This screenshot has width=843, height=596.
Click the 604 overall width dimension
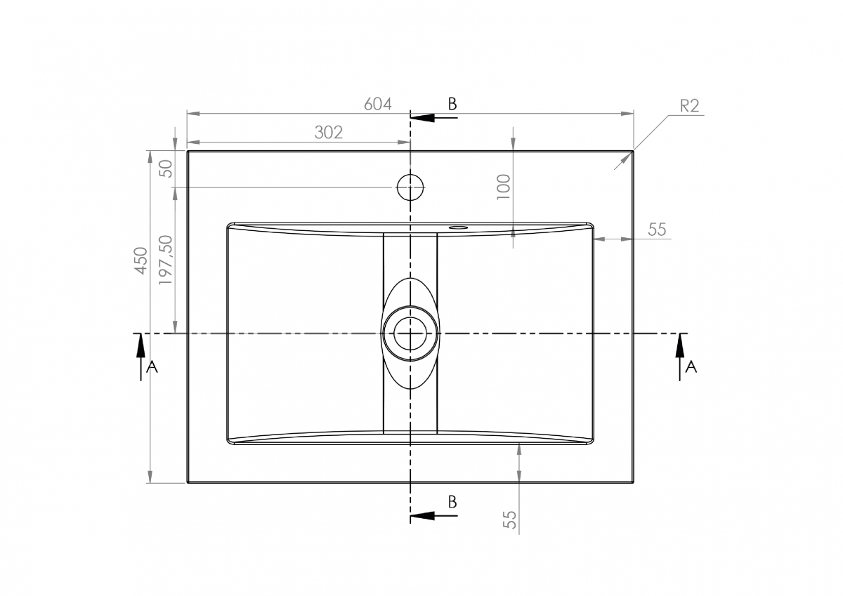click(x=378, y=104)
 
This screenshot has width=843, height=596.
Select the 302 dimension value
click(x=329, y=133)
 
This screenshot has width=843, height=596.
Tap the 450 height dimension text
click(x=140, y=260)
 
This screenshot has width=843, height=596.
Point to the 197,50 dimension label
click(x=166, y=260)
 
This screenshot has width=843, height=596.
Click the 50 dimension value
click(x=166, y=169)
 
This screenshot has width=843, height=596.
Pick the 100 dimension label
click(x=504, y=187)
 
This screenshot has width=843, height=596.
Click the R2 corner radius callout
click(x=689, y=106)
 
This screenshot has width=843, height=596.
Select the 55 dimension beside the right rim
click(x=657, y=230)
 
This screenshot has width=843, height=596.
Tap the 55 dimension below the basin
click(x=510, y=519)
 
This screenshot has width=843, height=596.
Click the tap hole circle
click(x=410, y=174)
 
